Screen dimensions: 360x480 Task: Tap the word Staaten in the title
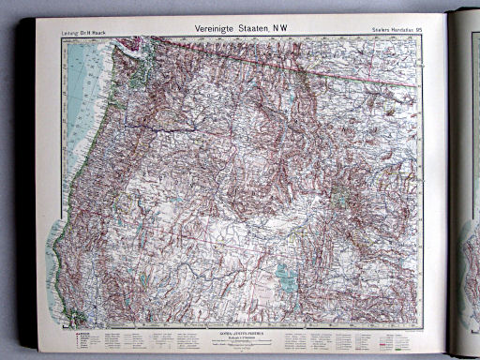pyautogui.click(x=259, y=29)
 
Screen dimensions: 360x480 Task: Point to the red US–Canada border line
pyautogui.click(x=281, y=61)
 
